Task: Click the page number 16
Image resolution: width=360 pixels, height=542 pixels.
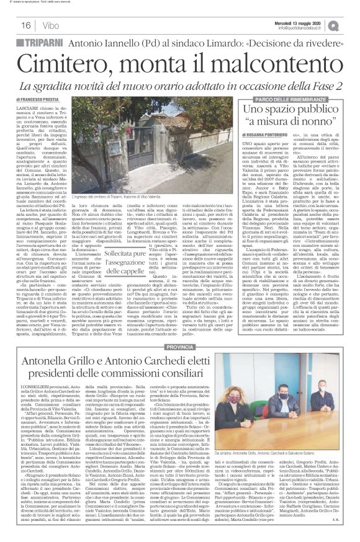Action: [11, 25]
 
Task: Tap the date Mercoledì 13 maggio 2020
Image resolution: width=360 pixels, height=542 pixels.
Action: [304, 22]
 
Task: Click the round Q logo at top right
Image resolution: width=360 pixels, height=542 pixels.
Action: [351, 24]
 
